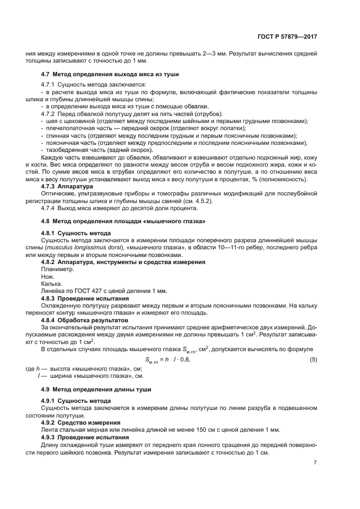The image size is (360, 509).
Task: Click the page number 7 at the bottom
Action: [315, 463]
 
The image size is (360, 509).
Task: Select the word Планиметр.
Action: [57, 269]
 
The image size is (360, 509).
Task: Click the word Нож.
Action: [48, 276]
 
